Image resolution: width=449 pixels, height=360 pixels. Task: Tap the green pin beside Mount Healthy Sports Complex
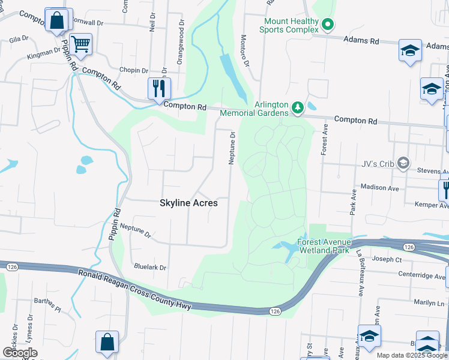(x=328, y=25)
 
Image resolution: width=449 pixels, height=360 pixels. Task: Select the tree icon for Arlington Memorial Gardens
(x=297, y=108)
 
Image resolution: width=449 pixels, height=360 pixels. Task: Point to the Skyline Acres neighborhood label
(x=188, y=203)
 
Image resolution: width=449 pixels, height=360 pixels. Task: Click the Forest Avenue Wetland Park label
(x=323, y=247)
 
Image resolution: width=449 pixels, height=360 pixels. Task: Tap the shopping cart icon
(x=80, y=43)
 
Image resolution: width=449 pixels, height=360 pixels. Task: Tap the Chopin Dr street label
(x=133, y=70)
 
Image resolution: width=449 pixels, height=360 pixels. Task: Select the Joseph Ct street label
(x=387, y=260)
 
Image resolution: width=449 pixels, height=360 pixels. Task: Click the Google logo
(x=20, y=353)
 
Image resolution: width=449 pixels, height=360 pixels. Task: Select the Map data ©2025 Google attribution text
(x=411, y=355)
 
